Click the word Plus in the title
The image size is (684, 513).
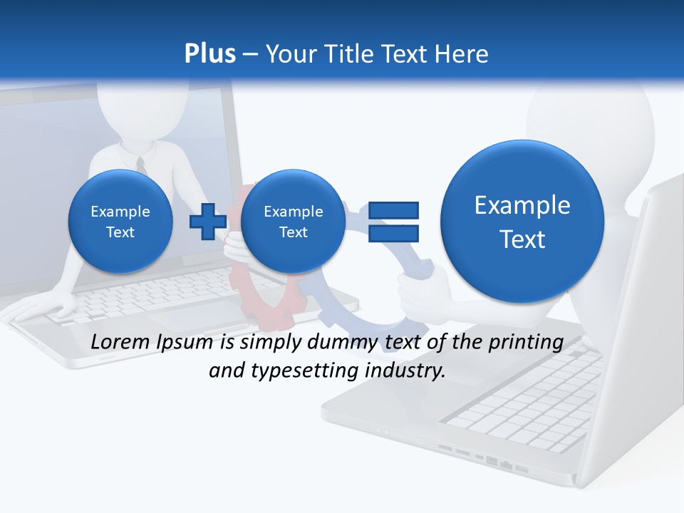(x=209, y=53)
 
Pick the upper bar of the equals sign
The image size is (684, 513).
(x=393, y=210)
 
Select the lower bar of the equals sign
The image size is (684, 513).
(x=393, y=233)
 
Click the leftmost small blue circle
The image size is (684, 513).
(x=120, y=221)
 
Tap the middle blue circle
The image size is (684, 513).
(x=293, y=221)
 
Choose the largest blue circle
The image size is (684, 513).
(x=522, y=222)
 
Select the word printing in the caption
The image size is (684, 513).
(x=524, y=342)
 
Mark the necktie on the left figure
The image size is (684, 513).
(x=141, y=165)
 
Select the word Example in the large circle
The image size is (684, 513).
(x=522, y=205)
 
